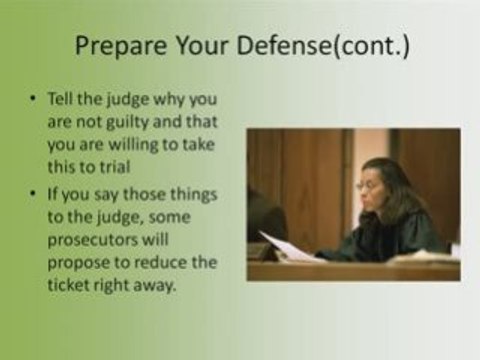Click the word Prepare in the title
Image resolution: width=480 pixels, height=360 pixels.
(x=121, y=46)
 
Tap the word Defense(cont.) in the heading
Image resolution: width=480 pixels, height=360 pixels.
(x=323, y=46)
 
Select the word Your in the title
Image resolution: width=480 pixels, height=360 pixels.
(x=201, y=45)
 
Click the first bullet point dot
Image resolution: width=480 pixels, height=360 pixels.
(x=32, y=99)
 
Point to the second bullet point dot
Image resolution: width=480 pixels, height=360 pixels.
(x=32, y=194)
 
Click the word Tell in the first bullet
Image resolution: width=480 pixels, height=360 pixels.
(x=60, y=98)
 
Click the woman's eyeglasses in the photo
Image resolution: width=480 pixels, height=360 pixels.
(x=366, y=185)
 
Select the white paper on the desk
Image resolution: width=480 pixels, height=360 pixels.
(x=290, y=247)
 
